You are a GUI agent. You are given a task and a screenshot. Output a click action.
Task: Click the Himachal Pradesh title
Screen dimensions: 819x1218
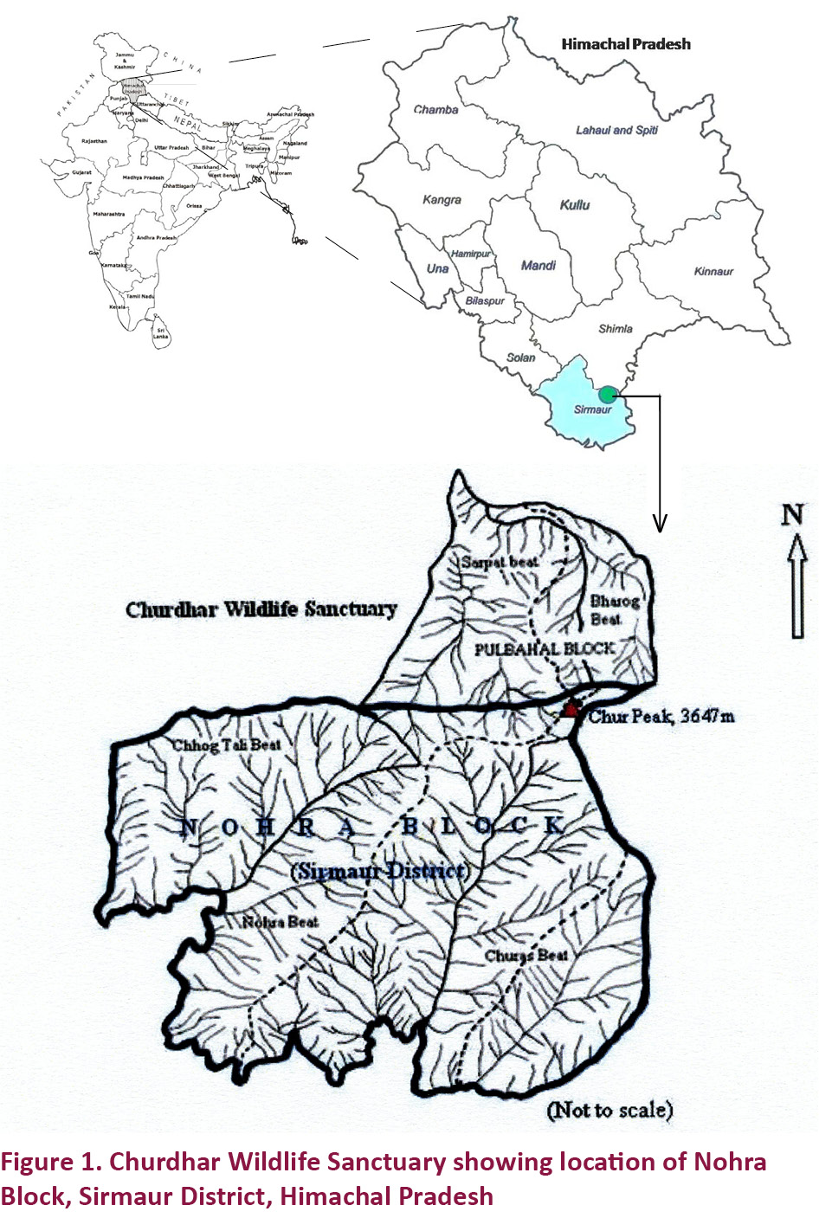click(625, 44)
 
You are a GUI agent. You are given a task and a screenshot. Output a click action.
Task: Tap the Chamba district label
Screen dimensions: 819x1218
click(435, 110)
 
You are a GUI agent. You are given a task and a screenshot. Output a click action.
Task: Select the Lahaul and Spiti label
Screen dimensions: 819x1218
click(616, 130)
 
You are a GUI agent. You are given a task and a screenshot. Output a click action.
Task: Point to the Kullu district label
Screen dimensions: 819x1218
click(574, 205)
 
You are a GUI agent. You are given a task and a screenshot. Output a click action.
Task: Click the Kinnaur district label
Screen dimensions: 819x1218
click(713, 272)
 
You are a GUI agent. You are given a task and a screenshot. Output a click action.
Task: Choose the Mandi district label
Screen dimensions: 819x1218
click(538, 266)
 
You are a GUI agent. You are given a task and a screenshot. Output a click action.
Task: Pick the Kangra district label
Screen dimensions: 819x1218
click(442, 200)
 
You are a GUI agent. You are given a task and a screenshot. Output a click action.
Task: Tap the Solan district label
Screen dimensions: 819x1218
click(520, 358)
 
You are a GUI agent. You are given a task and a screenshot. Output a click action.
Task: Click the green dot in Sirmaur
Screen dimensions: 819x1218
click(609, 395)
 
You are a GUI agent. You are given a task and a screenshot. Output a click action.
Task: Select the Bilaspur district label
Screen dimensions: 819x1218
click(484, 301)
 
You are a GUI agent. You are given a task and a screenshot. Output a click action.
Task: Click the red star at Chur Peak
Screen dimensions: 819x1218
click(571, 711)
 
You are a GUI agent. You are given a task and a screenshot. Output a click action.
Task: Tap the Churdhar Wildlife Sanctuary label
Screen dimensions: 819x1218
click(261, 609)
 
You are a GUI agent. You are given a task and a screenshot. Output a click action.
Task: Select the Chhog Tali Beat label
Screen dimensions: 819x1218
click(226, 745)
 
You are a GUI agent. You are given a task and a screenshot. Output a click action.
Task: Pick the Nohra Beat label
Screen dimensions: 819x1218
click(280, 922)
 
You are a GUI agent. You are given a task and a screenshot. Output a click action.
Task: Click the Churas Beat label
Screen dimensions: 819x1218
click(526, 956)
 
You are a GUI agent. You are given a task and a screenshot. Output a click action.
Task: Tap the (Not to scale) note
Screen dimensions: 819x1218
click(609, 1110)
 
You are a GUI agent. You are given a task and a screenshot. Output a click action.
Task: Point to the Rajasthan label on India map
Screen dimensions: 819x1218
click(94, 141)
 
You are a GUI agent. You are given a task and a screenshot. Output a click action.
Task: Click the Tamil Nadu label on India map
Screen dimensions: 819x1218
click(140, 296)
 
